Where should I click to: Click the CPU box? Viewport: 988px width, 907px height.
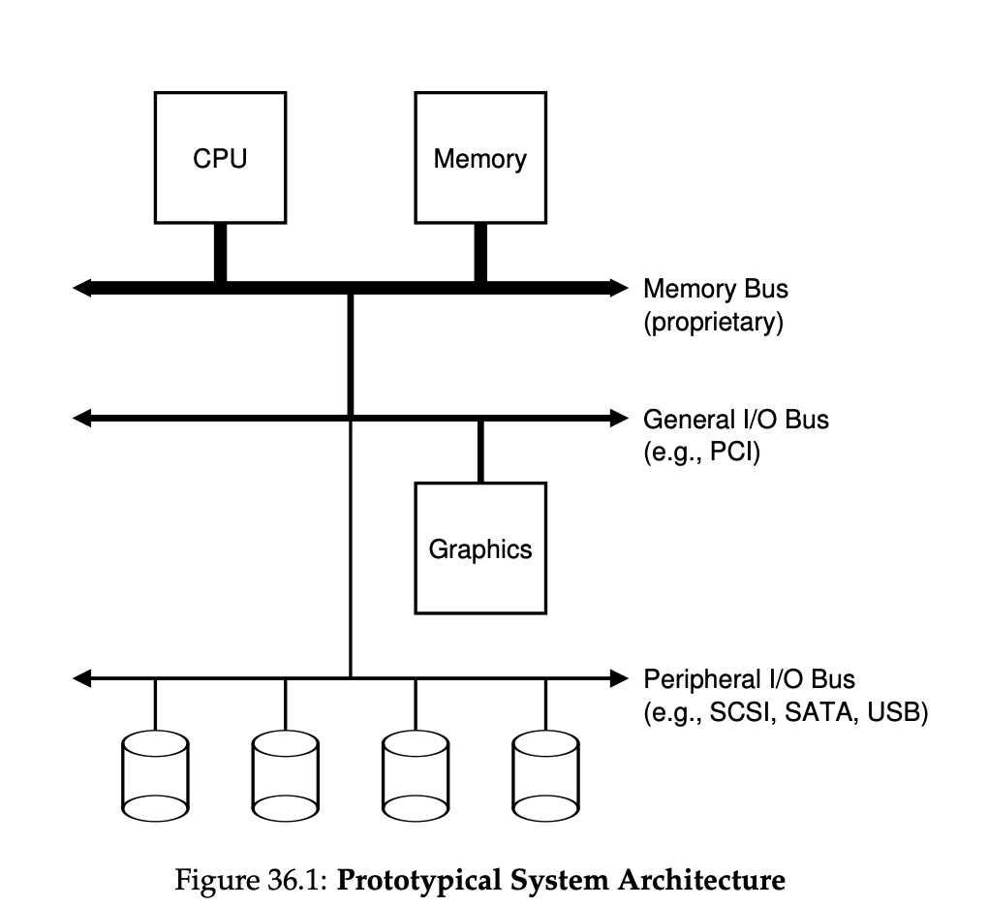(220, 158)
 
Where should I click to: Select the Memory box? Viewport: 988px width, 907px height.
(479, 158)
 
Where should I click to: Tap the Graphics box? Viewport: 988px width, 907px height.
(479, 548)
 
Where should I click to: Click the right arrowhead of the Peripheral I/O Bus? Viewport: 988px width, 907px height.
(619, 677)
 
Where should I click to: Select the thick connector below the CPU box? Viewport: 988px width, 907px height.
(220, 253)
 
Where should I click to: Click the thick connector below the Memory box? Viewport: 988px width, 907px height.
(480, 253)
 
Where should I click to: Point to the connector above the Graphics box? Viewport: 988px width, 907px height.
(479, 451)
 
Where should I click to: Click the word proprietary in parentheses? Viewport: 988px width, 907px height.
(713, 322)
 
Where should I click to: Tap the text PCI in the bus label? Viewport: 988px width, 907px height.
(727, 453)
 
